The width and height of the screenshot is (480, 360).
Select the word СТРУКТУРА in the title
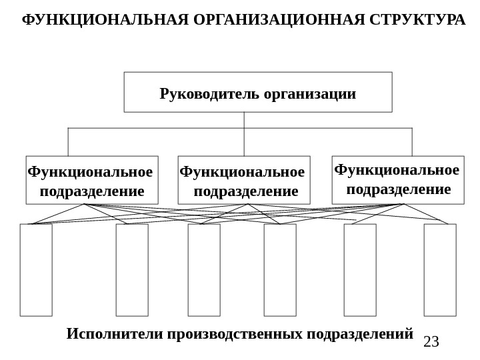417,20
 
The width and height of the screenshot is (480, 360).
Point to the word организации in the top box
310,93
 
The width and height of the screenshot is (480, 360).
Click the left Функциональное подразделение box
92,180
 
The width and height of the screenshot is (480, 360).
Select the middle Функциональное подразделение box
244,180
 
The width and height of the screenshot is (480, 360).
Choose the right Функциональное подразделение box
398,180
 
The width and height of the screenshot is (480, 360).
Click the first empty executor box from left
36,270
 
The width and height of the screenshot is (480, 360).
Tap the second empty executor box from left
132,270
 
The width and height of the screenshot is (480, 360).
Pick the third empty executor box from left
204,270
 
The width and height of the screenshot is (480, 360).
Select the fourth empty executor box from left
280,270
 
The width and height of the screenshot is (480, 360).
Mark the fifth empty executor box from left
360,270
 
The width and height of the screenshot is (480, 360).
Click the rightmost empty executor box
440,270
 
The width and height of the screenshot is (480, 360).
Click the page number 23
431,342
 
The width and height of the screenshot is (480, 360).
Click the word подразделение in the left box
92,192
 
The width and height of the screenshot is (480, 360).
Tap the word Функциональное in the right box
397,170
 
